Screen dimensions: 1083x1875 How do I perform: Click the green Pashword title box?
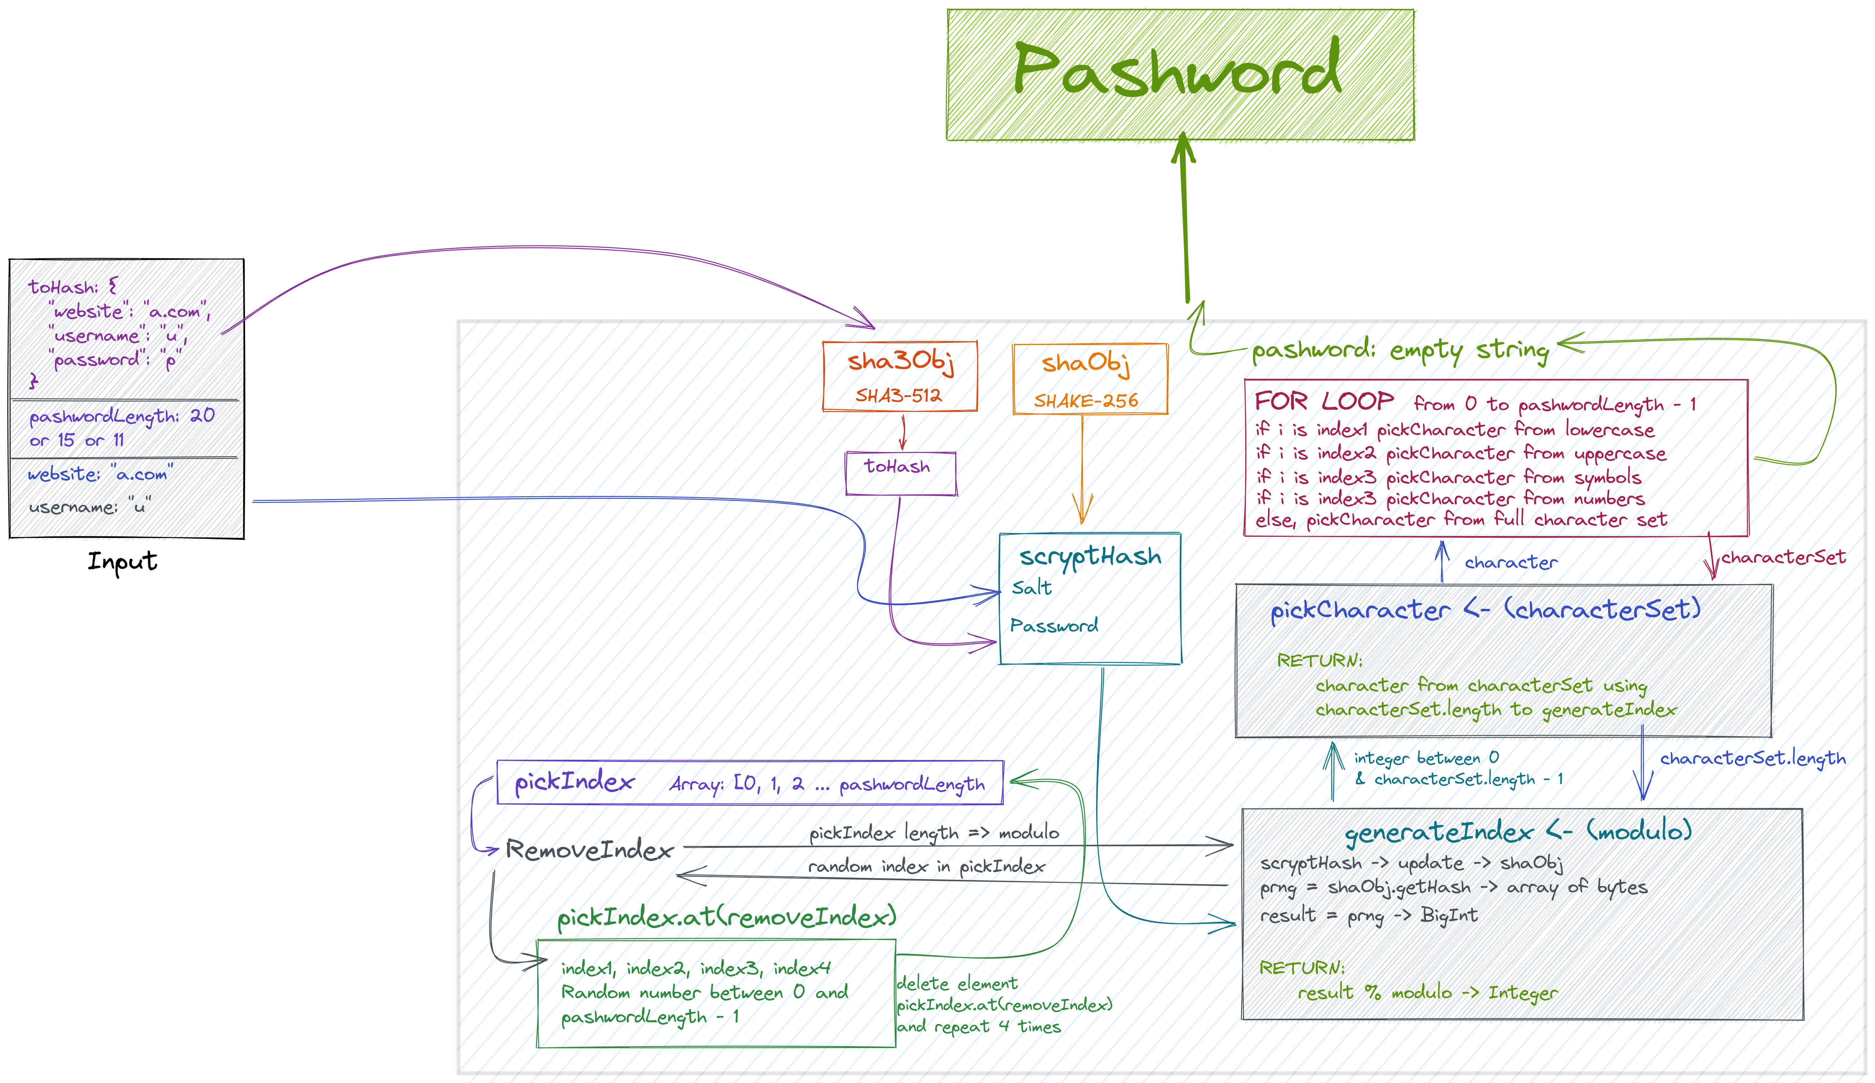coord(1180,74)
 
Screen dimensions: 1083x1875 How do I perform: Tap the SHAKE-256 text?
coord(1086,401)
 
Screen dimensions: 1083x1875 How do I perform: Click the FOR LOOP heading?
coord(1324,402)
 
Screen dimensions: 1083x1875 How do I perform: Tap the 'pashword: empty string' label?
coord(1400,350)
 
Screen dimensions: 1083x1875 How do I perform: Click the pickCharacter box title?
coord(1485,610)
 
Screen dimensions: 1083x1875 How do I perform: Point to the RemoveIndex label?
coord(589,849)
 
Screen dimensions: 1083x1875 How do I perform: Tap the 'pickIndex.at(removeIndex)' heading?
coord(727,917)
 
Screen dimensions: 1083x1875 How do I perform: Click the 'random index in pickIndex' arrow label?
coord(926,866)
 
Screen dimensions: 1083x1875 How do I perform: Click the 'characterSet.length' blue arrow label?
coord(1752,759)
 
